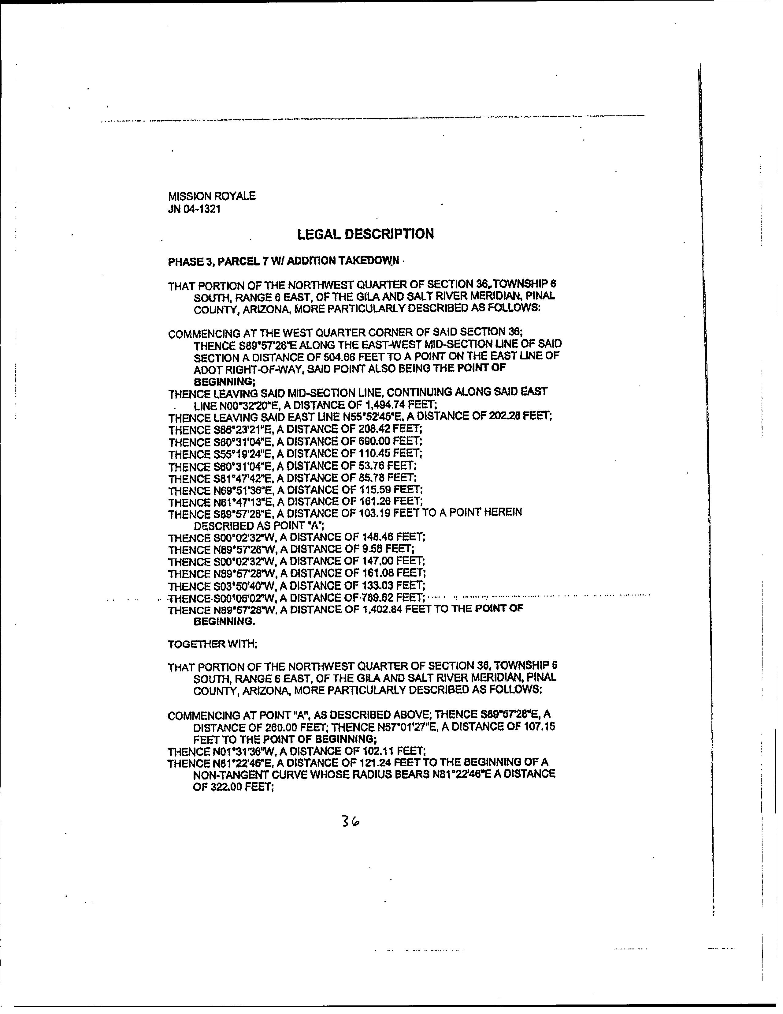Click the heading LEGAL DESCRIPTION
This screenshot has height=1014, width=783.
point(365,234)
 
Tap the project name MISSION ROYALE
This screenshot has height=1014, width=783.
point(212,196)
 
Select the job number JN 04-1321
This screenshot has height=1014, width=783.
point(194,209)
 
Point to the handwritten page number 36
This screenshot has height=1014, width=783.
point(350,821)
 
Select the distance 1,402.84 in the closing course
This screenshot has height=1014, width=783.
point(379,609)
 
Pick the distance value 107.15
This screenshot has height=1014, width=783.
point(537,726)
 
